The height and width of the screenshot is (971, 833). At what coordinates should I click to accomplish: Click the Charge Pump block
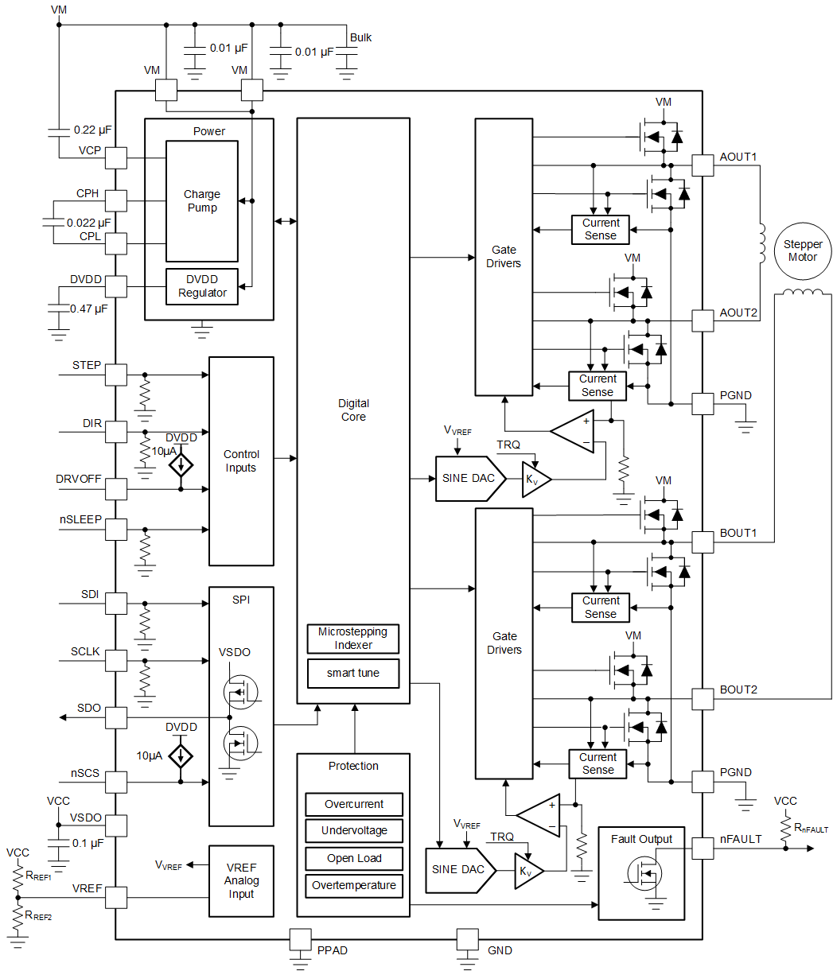(x=201, y=201)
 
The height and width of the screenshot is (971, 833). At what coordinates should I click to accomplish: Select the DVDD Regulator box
(x=201, y=286)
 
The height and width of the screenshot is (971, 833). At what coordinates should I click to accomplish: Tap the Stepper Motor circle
(x=802, y=251)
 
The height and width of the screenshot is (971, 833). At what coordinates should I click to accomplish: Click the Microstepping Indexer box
(x=352, y=639)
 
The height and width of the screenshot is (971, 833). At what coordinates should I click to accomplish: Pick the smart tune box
(x=352, y=674)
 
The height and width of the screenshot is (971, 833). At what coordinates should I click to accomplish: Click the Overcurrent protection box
(x=354, y=804)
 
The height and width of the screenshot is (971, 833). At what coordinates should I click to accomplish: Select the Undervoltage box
(x=354, y=831)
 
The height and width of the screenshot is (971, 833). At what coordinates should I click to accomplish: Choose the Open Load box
(x=354, y=859)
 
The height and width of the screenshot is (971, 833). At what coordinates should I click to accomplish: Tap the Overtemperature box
(x=354, y=886)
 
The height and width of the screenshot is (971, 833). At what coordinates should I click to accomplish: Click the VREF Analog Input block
(x=241, y=881)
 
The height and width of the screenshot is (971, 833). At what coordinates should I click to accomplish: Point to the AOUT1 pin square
(x=703, y=165)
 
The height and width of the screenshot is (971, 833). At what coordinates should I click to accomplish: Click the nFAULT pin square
(x=703, y=849)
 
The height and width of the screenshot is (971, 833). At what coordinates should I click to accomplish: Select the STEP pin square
(x=116, y=375)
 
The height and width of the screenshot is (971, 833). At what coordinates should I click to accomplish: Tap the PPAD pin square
(x=300, y=939)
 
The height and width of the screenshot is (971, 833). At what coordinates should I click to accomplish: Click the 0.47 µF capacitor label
(x=89, y=309)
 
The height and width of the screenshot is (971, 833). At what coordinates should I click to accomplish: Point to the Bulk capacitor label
(x=360, y=37)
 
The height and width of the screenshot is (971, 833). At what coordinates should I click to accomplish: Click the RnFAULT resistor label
(x=810, y=828)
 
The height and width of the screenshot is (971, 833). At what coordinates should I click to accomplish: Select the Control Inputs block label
(x=240, y=461)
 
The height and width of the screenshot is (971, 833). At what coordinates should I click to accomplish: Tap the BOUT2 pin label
(x=738, y=689)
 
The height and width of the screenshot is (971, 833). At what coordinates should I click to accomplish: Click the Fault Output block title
(x=641, y=839)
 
